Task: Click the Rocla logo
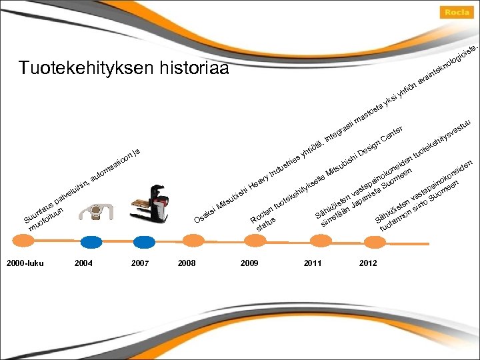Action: click(x=458, y=12)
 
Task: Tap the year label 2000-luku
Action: click(x=25, y=263)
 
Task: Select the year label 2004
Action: click(x=84, y=263)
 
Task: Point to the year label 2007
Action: click(x=140, y=263)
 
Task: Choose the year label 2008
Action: click(x=187, y=263)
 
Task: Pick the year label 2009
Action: click(x=249, y=263)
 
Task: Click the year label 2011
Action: click(x=312, y=263)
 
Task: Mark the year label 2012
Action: click(x=368, y=263)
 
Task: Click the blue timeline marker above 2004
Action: click(x=85, y=242)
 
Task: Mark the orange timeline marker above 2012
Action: click(x=369, y=242)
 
